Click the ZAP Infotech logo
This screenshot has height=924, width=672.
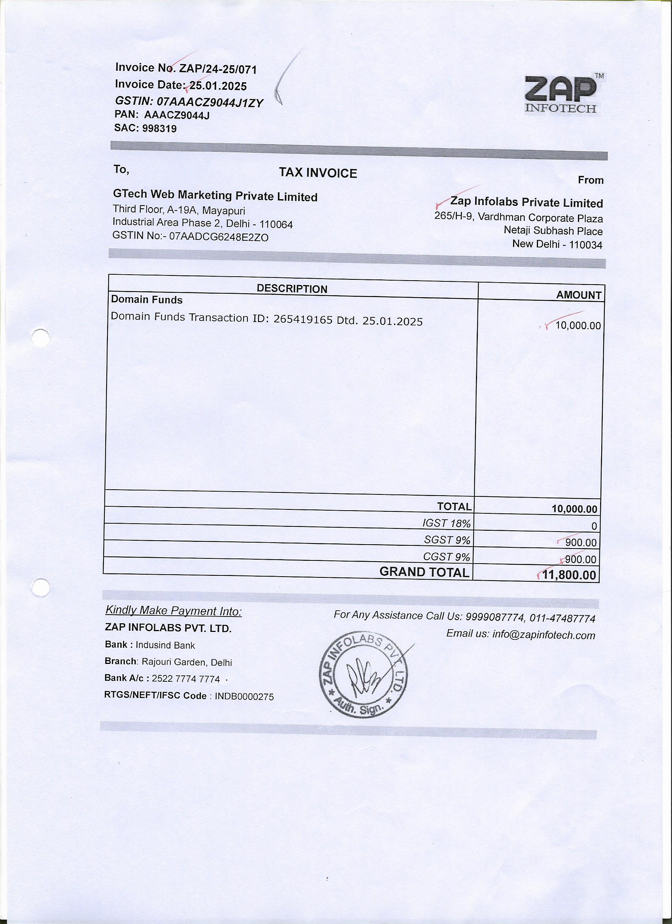561,94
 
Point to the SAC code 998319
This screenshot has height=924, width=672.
159,129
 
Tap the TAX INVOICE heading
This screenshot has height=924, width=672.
318,173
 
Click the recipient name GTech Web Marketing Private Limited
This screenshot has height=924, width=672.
215,196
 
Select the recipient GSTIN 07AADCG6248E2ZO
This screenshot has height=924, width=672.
219,237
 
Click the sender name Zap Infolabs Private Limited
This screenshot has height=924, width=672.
526,202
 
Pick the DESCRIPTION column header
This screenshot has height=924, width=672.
292,289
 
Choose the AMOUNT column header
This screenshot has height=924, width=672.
579,295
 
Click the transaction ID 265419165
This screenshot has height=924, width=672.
303,319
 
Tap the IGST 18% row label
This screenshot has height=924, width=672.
447,523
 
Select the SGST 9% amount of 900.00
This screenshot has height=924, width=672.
581,543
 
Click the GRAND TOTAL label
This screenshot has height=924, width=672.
424,572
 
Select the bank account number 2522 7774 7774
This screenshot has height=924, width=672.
186,679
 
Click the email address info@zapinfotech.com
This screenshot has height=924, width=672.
544,635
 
